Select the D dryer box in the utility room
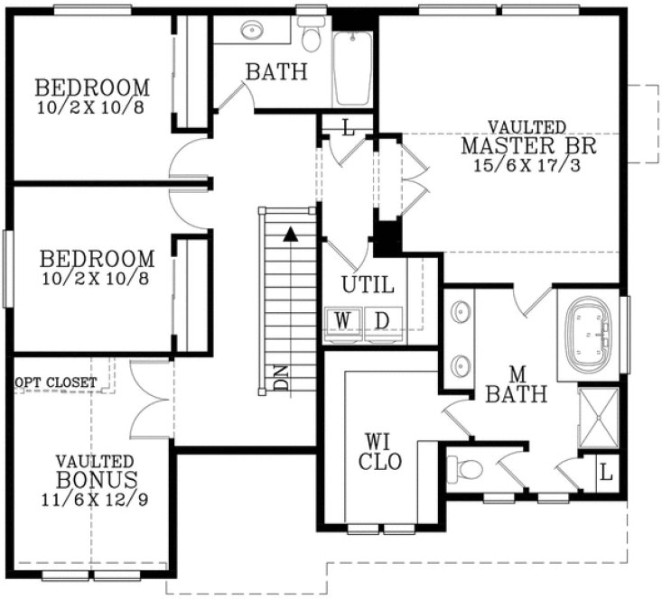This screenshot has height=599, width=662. click(381, 320)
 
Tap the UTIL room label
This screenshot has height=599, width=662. click(367, 285)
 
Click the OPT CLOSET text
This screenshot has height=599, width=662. click(56, 382)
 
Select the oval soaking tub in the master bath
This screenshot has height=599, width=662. click(588, 335)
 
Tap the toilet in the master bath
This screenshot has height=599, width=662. click(469, 468)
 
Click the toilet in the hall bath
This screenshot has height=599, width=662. click(312, 37)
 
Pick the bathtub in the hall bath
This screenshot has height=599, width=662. click(353, 69)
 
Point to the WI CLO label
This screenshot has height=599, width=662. click(378, 450)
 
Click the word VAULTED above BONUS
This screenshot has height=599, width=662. click(95, 460)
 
